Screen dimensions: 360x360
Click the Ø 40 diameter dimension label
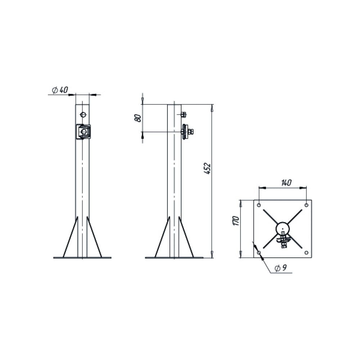click(60, 90)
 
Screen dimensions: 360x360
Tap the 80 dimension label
click(138, 118)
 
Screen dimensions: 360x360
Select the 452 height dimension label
click(208, 168)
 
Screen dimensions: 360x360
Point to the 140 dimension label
click(286, 183)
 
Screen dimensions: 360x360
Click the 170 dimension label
click(236, 221)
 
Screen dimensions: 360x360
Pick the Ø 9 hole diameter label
click(281, 268)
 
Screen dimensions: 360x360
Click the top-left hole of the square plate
click(259, 205)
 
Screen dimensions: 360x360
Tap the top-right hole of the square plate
click(306, 205)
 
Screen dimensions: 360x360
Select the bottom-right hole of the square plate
click(306, 253)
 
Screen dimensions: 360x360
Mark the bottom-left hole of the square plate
click(259, 253)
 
